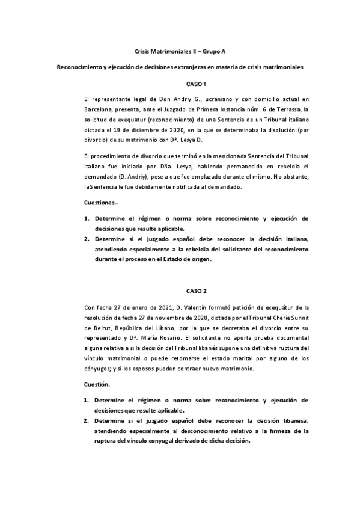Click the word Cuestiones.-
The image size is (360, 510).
tap(102, 203)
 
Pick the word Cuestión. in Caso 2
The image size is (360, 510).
tap(97, 383)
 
